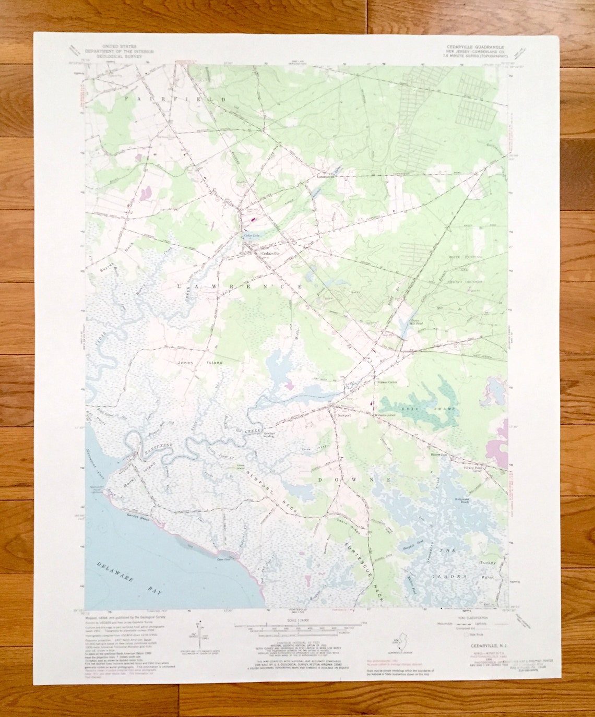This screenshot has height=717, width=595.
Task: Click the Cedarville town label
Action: click(271, 253)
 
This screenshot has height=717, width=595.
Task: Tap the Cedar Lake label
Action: click(252, 236)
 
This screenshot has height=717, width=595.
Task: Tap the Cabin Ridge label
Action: click(342, 523)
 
